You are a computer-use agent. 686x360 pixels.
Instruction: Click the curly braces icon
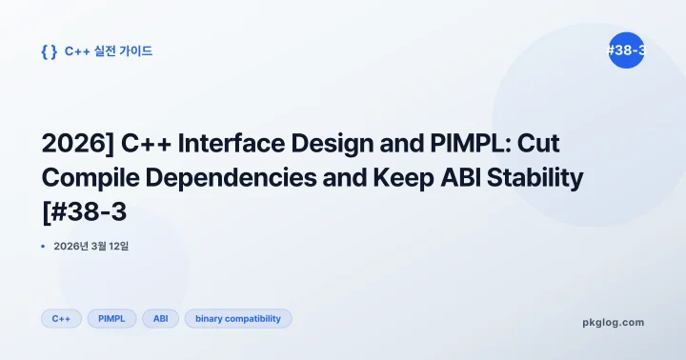pos(50,51)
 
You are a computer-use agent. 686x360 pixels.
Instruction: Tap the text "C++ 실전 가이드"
pos(109,51)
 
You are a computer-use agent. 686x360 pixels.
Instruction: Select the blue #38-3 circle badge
pos(625,50)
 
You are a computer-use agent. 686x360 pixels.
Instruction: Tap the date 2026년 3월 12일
pos(91,246)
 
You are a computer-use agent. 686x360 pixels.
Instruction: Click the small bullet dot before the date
pos(44,246)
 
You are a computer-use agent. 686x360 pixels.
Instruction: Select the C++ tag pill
pos(61,319)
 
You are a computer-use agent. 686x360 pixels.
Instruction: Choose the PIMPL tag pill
pos(111,319)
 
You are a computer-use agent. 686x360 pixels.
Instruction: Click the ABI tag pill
pos(160,319)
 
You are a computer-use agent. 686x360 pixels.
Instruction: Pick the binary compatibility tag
pos(237,319)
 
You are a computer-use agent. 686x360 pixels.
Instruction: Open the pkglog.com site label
pos(613,322)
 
